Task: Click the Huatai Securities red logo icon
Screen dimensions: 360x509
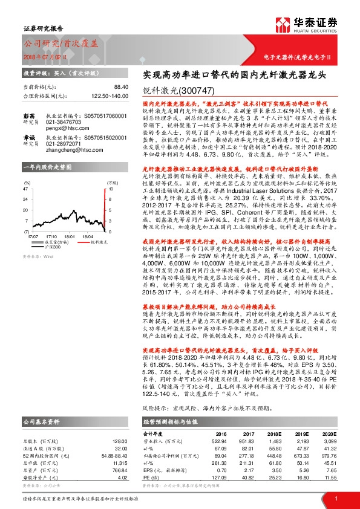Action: click(283, 25)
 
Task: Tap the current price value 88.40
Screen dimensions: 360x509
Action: click(121, 87)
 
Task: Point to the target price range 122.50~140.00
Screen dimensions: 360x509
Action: click(110, 96)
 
